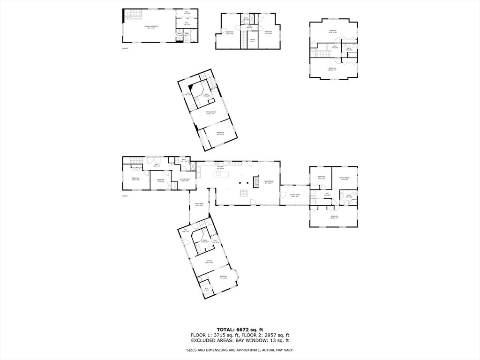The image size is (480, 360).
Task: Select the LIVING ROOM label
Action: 269,182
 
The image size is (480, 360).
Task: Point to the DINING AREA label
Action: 199,204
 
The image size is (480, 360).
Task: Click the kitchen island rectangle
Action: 220,174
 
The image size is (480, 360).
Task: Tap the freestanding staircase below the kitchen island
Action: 243,193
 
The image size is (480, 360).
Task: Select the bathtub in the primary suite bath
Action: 187,40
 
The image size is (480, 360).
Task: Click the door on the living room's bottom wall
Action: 253,202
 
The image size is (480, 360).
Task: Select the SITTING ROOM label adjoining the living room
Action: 295,195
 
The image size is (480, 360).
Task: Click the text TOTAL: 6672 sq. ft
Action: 240,330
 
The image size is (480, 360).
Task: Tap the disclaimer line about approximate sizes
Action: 240,350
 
